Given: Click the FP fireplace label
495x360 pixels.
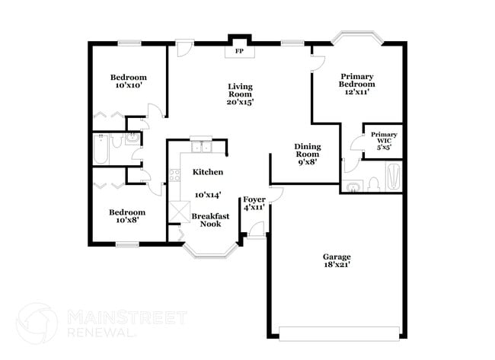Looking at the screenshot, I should [238, 52].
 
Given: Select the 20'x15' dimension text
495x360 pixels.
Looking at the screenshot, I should [240, 101].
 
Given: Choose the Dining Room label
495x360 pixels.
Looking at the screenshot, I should [308, 150].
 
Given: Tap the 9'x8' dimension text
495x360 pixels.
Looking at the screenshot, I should [308, 161].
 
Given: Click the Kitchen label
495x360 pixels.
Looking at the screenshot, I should [207, 172].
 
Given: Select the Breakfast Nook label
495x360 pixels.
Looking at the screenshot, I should [210, 220].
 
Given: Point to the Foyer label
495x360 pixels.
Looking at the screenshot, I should [254, 199].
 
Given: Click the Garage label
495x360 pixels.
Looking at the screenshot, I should [336, 256].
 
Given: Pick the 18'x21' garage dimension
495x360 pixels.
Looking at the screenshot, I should [336, 267].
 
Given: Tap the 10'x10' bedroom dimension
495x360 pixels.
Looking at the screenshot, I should [128, 86].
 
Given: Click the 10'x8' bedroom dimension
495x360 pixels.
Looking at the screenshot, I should [126, 221].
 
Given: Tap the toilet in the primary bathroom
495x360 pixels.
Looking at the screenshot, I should [373, 184].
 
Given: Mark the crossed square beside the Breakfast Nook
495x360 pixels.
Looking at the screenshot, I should [180, 212].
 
